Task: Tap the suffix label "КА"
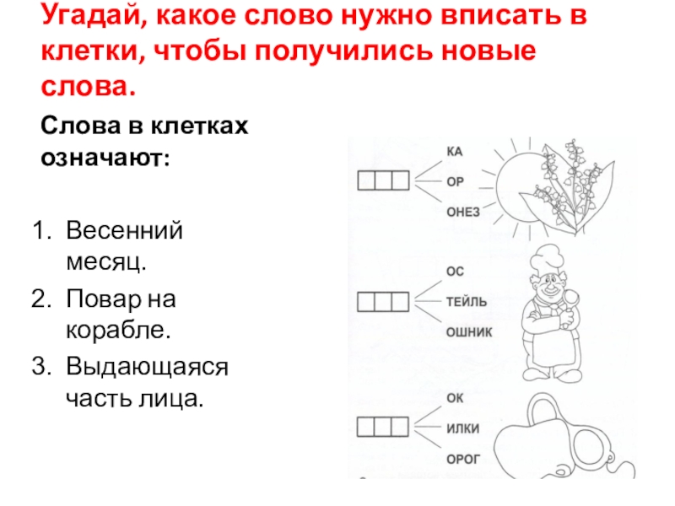point(455,152)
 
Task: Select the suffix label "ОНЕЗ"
point(463,213)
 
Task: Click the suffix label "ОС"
point(455,272)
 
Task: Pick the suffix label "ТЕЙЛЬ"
point(467,302)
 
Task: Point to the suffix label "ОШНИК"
point(469,332)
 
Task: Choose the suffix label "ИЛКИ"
point(462,428)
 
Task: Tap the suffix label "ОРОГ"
point(463,459)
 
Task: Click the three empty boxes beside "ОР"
point(383,180)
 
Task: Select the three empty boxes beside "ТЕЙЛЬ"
point(383,301)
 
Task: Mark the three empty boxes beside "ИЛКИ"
point(383,427)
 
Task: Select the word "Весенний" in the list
point(124,230)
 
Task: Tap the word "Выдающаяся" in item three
point(147,368)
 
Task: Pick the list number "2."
point(41,299)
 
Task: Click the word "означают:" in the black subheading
point(105,158)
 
